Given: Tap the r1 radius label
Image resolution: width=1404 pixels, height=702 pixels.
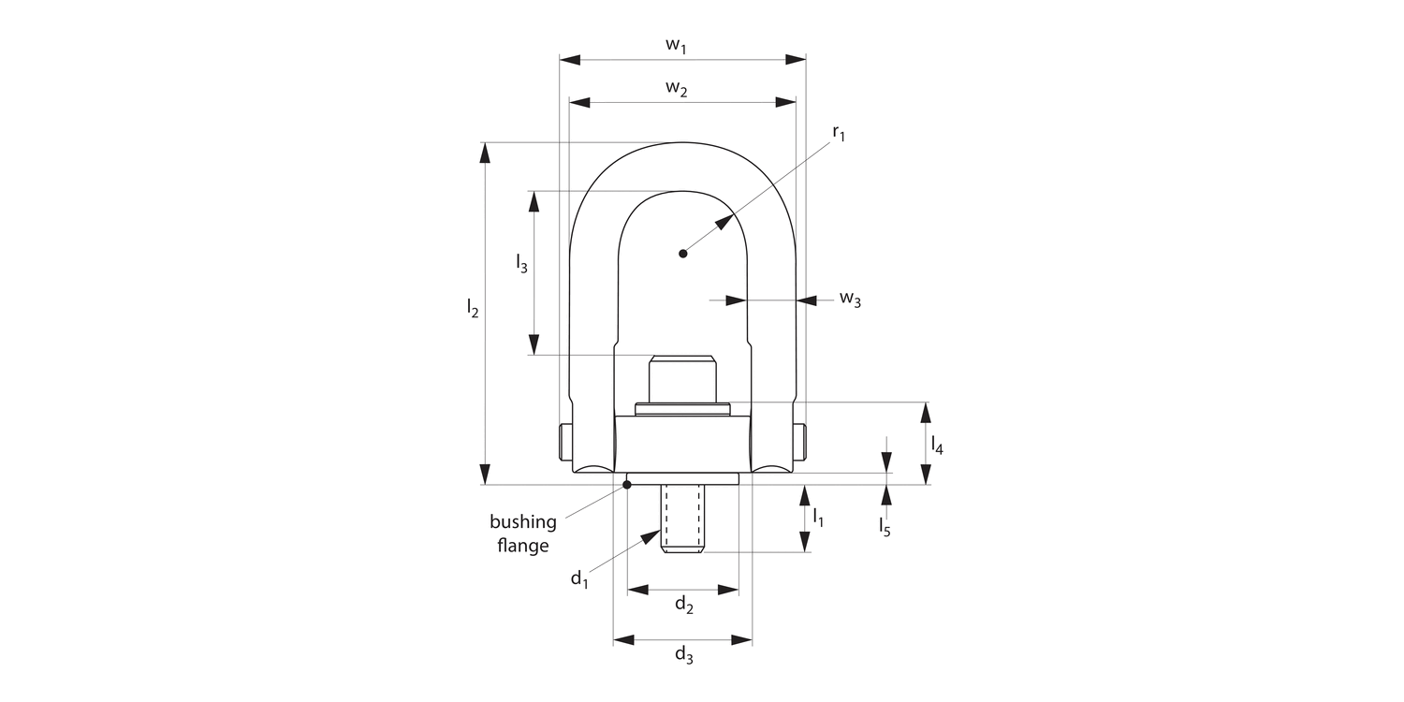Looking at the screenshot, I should pyautogui.click(x=838, y=135).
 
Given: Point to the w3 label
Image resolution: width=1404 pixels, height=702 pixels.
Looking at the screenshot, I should pyautogui.click(x=849, y=300).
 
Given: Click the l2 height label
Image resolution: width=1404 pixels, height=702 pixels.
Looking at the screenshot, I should pyautogui.click(x=473, y=309).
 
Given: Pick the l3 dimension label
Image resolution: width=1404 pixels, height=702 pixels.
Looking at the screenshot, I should pyautogui.click(x=521, y=265).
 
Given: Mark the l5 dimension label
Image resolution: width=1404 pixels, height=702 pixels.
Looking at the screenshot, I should pyautogui.click(x=885, y=528).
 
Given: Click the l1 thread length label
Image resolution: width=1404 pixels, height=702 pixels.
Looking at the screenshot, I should pyautogui.click(x=817, y=516).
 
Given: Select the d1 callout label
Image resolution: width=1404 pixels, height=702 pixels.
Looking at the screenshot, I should pyautogui.click(x=579, y=578).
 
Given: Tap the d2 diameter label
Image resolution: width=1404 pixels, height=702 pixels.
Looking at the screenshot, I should pyautogui.click(x=684, y=606).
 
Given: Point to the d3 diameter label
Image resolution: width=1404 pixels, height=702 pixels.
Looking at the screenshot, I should pyautogui.click(x=684, y=655).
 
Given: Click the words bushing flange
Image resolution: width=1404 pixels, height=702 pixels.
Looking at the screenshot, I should pyautogui.click(x=523, y=534).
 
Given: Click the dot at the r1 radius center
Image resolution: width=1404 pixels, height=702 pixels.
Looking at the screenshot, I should pyautogui.click(x=683, y=253).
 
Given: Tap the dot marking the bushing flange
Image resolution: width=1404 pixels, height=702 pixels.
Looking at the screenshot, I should pyautogui.click(x=627, y=484).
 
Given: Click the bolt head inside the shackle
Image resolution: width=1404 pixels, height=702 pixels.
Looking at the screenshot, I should pyautogui.click(x=682, y=378).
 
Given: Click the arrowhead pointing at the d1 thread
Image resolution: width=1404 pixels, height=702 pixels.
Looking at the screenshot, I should pyautogui.click(x=653, y=536).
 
